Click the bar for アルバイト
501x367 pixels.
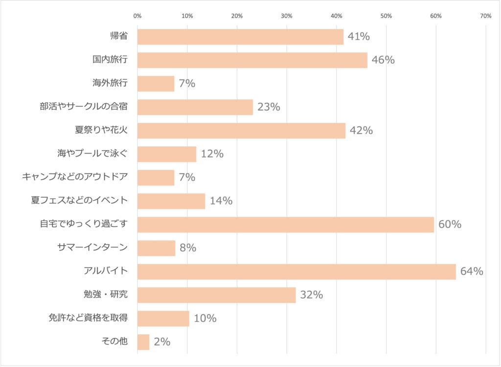pyautogui.click(x=296, y=272)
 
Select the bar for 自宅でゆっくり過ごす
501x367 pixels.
pyautogui.click(x=286, y=225)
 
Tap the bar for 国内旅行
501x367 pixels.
pyautogui.click(x=252, y=60)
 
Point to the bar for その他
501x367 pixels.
pyautogui.click(x=143, y=342)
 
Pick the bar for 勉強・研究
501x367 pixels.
pyautogui.click(x=216, y=295)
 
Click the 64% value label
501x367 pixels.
pyautogui.click(x=471, y=272)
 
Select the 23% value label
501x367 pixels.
pyautogui.click(x=269, y=107)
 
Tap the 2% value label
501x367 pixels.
pyautogui.click(x=162, y=342)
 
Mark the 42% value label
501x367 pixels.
pyautogui.click(x=361, y=131)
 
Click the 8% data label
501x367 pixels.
pyautogui.click(x=188, y=248)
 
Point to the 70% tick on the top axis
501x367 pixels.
pyautogui.click(x=486, y=16)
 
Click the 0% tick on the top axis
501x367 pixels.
pyautogui.click(x=137, y=16)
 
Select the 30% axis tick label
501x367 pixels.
pyautogui.click(x=287, y=16)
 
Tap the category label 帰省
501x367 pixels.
pyautogui.click(x=119, y=37)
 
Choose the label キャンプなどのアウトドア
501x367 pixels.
pyautogui.click(x=75, y=177)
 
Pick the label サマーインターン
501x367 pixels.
pyautogui.click(x=92, y=248)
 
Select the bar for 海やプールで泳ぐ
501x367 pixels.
pyautogui.click(x=167, y=154)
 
